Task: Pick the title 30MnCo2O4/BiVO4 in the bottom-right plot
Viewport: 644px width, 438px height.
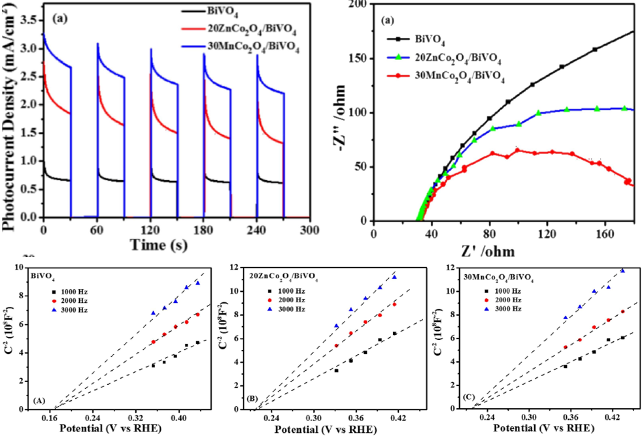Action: [499, 276]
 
